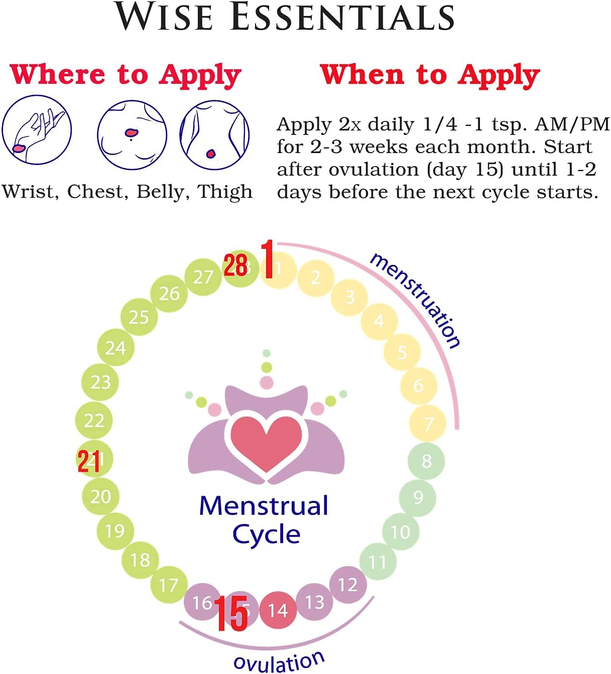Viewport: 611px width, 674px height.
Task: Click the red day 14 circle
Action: click(278, 610)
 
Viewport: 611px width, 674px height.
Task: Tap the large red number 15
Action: click(231, 613)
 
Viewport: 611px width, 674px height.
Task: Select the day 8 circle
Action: click(426, 461)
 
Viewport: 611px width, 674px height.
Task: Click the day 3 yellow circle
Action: click(349, 297)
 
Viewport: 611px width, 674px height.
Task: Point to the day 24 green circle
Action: click(115, 347)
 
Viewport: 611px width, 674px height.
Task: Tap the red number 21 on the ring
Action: click(88, 461)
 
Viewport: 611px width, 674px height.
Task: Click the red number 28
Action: click(235, 265)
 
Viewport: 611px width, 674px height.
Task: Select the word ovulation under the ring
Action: click(279, 662)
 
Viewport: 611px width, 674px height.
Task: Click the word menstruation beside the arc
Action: click(415, 300)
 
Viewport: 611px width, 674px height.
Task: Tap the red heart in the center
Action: click(266, 442)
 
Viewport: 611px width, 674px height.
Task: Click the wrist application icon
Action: click(37, 129)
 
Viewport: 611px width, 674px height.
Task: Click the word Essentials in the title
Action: click(342, 17)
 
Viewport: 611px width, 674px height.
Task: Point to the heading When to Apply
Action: click(430, 75)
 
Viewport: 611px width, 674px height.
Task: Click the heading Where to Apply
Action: click(126, 75)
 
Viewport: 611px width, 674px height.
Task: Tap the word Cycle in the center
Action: click(266, 534)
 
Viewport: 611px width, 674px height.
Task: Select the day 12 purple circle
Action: click(347, 584)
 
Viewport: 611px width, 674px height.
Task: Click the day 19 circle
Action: click(115, 530)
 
